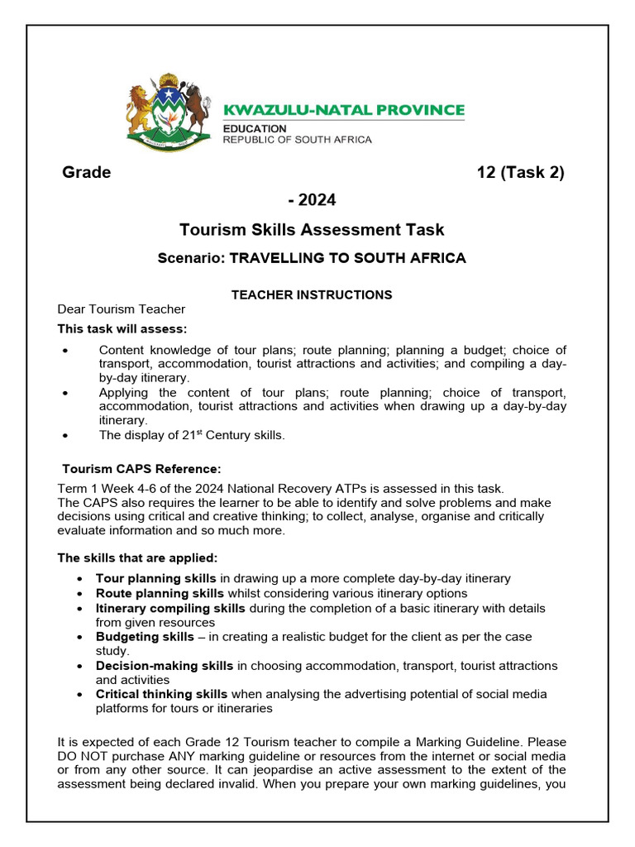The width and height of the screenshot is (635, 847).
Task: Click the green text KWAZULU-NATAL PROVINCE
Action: click(344, 110)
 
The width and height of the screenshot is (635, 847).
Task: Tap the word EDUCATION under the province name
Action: click(255, 128)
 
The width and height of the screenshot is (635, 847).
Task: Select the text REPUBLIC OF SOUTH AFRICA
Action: click(298, 140)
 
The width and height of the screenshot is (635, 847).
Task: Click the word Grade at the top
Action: click(87, 173)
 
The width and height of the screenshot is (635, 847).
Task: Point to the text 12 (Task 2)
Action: click(521, 173)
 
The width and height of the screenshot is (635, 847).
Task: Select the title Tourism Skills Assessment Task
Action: click(312, 230)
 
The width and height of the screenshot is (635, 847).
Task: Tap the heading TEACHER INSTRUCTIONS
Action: click(312, 294)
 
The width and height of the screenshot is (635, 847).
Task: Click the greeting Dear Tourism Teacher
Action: click(121, 309)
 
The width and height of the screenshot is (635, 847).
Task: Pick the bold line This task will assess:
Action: click(122, 329)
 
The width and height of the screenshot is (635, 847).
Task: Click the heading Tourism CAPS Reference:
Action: click(142, 469)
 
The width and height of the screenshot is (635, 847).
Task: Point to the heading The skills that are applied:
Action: click(137, 557)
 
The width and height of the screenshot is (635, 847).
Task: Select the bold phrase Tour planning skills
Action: click(155, 578)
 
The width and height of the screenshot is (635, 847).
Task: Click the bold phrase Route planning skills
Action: click(160, 593)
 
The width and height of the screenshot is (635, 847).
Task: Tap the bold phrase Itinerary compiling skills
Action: click(170, 608)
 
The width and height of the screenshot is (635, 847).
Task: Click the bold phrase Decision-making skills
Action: click(165, 666)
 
